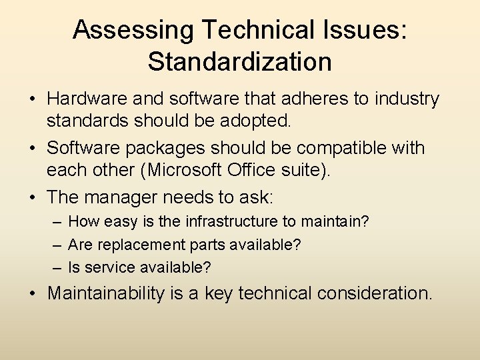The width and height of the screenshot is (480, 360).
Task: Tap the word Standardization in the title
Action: [x=240, y=61]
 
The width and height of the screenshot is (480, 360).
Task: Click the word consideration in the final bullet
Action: [x=374, y=293]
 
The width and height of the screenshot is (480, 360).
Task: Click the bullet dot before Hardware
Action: [x=32, y=100]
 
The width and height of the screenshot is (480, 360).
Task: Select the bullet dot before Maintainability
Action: [x=32, y=294]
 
